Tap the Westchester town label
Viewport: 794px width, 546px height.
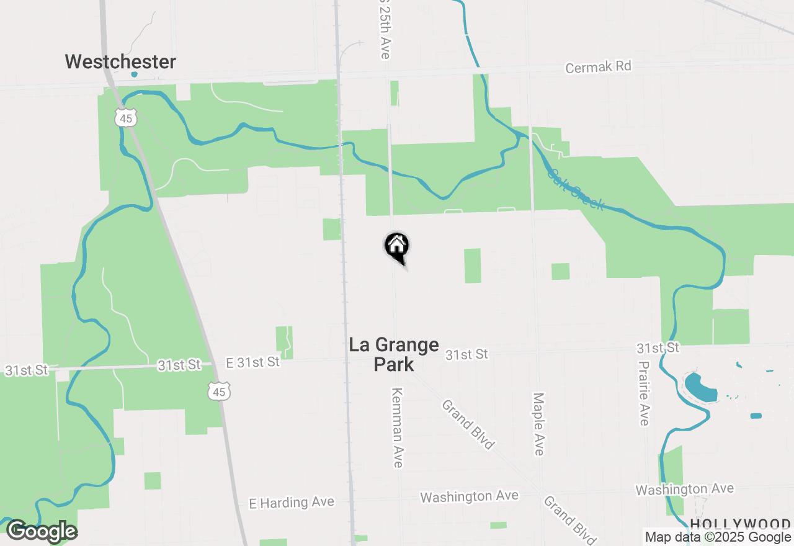coord(120,62)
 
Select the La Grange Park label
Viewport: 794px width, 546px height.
coord(394,354)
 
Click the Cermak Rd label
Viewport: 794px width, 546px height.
coord(598,67)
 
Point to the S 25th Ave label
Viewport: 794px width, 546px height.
coord(385,30)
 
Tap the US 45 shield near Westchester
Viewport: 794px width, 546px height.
coord(126,118)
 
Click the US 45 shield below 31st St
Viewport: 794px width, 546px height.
coord(219,391)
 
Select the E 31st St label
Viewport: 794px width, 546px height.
coord(252,362)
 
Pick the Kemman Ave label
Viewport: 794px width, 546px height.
coord(398,427)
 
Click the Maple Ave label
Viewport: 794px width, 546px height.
coord(538,424)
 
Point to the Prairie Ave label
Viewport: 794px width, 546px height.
coord(644,393)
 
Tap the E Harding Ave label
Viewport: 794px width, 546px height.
coord(292,502)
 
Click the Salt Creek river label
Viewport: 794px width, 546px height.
coord(575,189)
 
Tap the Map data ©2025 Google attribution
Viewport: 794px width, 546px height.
coord(717,537)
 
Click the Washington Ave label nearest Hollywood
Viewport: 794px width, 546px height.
coord(684,490)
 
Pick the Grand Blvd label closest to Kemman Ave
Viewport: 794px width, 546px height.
coord(468,424)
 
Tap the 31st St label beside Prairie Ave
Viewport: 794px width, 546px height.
coord(657,347)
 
